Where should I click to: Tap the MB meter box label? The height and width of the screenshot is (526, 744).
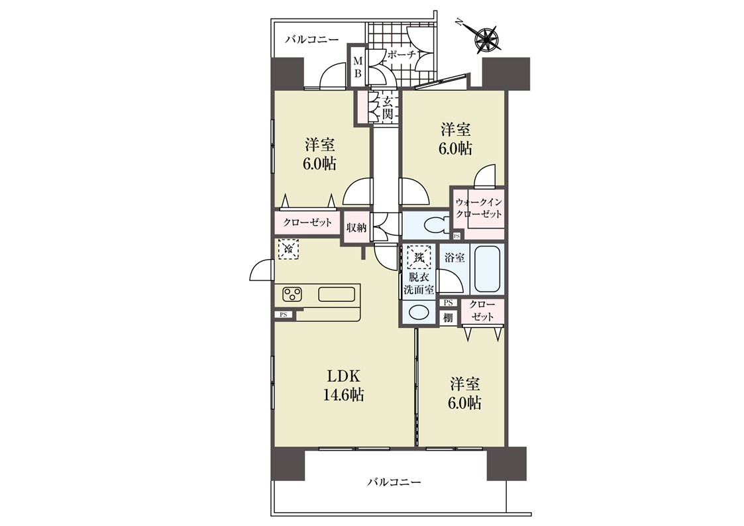pos(358,68)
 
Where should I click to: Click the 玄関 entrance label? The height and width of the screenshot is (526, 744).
pos(388,108)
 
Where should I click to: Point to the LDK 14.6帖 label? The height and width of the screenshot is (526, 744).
pos(344,386)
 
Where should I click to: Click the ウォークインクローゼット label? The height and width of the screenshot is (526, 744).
pos(478,208)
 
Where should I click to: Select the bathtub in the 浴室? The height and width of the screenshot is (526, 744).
pos(488,270)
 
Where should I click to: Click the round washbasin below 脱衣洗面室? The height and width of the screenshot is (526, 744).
pos(419,313)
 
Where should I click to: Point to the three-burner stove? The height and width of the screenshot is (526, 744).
pos(293,295)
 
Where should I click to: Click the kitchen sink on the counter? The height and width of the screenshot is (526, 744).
pos(337,295)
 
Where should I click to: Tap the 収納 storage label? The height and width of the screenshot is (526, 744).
pos(356,228)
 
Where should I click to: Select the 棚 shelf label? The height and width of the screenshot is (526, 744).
pos(448,318)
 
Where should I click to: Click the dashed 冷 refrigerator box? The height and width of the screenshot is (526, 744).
pos(288,249)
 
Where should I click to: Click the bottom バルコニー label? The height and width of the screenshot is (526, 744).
pos(394,483)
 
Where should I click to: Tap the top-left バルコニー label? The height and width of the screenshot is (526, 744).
pos(312,39)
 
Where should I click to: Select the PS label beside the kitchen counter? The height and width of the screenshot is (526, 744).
pos(284,314)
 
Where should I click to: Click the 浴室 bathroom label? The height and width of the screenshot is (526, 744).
pos(454,258)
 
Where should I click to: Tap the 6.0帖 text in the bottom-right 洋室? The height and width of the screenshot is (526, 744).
pos(465,403)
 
